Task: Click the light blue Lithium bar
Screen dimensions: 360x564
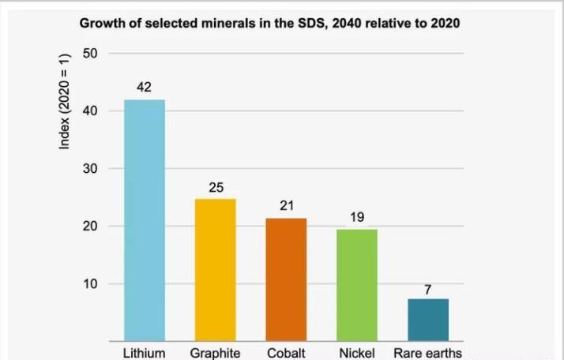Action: click(144, 220)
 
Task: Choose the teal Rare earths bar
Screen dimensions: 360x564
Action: click(427, 320)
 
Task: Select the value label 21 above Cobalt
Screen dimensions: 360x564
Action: click(286, 205)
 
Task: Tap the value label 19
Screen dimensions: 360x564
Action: click(356, 216)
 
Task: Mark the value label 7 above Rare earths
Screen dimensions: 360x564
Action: click(427, 289)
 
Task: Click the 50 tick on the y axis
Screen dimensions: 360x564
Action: click(90, 54)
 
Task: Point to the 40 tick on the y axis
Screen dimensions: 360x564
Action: click(90, 111)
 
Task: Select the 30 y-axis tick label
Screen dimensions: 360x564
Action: click(90, 169)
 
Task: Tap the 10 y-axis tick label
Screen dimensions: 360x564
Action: click(90, 284)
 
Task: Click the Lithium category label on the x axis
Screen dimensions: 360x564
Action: click(144, 353)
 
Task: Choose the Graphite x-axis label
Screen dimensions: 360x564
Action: click(215, 353)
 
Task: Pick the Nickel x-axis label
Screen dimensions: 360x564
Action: click(356, 353)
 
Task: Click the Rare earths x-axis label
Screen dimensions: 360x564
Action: click(427, 353)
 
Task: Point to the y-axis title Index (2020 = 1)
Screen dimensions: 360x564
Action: click(66, 100)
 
